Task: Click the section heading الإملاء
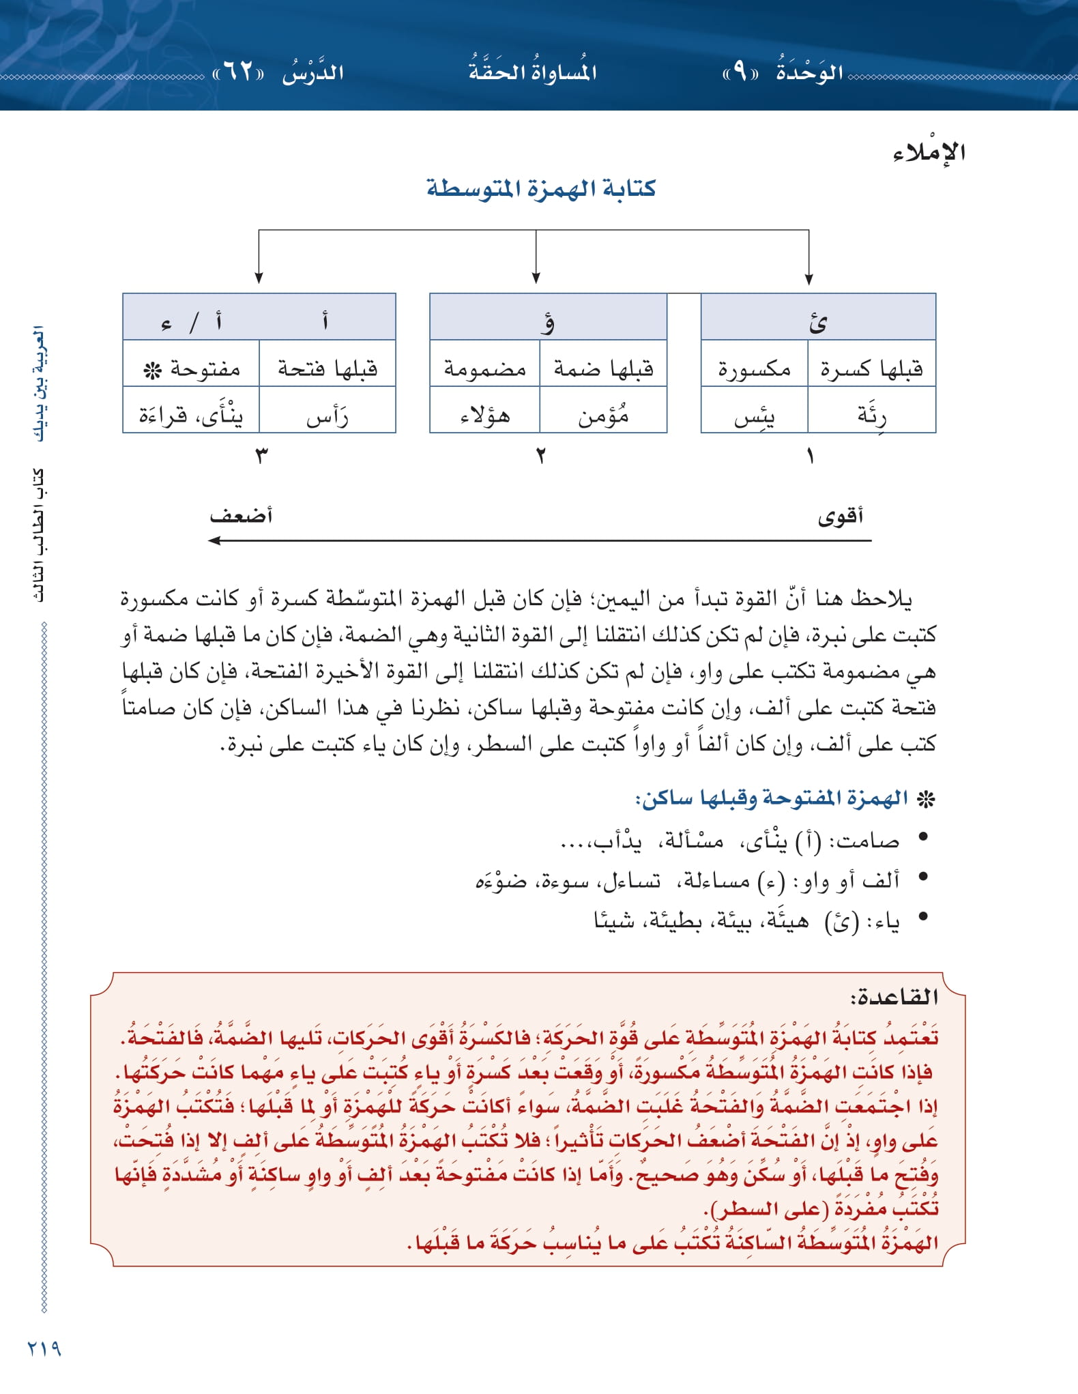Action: click(929, 152)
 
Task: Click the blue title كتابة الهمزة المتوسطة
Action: click(540, 188)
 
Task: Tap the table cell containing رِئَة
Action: click(871, 413)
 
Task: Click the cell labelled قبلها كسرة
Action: click(871, 369)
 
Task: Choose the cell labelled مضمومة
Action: click(484, 369)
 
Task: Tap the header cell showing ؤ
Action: click(547, 321)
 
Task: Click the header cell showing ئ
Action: click(817, 321)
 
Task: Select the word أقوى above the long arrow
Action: click(840, 516)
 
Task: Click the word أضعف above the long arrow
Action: click(241, 515)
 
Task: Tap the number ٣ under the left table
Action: click(261, 455)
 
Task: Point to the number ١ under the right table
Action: click(810, 455)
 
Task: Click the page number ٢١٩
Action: click(44, 1349)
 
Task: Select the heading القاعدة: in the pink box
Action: click(894, 998)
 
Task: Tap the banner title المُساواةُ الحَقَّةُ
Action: click(532, 70)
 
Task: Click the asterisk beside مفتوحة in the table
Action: click(151, 371)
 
